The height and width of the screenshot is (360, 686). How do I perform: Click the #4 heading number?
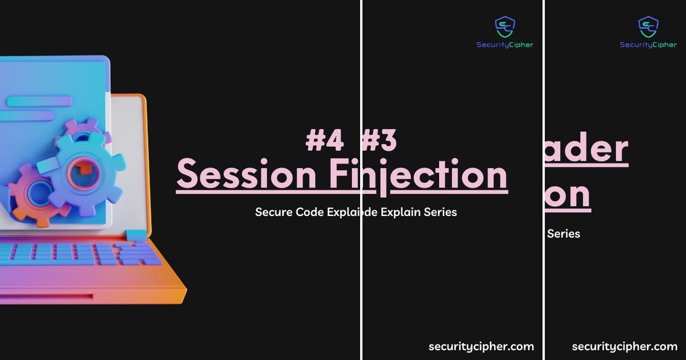pos(324,141)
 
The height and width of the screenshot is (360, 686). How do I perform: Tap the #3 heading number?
pos(380,141)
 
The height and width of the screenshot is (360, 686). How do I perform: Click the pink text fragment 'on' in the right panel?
pos(568,194)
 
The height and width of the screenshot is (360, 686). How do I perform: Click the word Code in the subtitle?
pos(311,212)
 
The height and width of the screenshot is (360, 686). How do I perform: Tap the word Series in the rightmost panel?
pos(564,233)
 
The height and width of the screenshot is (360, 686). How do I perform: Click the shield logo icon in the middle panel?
pos(505,26)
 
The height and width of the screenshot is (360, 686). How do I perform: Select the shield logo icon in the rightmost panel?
pos(648,26)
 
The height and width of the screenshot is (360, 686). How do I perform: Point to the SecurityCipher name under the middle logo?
pos(505,45)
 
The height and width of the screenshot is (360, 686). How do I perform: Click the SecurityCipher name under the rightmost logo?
pos(648,45)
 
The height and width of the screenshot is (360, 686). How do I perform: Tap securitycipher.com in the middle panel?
pos(481,346)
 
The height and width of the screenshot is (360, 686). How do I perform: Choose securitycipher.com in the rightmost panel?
pos(624,346)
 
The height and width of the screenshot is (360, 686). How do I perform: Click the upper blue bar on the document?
pos(39,102)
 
